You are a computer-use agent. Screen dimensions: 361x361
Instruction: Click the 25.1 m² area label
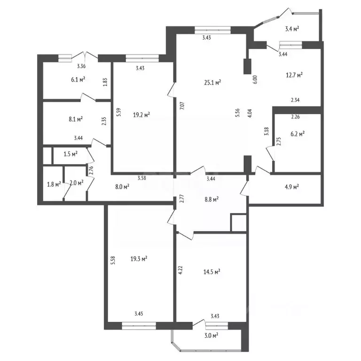pyautogui.click(x=212, y=82)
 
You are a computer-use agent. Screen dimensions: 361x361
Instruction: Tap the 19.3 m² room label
pyautogui.click(x=139, y=259)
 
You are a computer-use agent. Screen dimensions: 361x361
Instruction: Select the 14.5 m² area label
pyautogui.click(x=212, y=272)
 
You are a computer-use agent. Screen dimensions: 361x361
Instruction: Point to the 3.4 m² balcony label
pyautogui.click(x=292, y=29)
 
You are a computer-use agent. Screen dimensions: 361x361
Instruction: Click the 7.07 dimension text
pyautogui.click(x=182, y=106)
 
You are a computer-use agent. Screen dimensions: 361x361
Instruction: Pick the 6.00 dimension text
pyautogui.click(x=255, y=79)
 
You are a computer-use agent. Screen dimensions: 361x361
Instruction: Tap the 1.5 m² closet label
pyautogui.click(x=71, y=154)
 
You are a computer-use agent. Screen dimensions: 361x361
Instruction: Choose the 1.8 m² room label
pyautogui.click(x=54, y=184)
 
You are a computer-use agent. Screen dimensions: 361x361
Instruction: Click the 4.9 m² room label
pyautogui.click(x=292, y=187)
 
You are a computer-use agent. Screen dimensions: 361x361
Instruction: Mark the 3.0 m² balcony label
pyautogui.click(x=211, y=336)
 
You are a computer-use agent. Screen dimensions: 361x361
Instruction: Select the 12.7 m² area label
pyautogui.click(x=294, y=75)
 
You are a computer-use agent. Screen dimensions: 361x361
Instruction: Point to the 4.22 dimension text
pyautogui.click(x=180, y=270)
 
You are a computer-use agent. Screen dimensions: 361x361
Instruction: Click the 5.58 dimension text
pyautogui.click(x=113, y=260)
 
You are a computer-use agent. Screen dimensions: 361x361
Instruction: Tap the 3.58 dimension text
pyautogui.click(x=141, y=178)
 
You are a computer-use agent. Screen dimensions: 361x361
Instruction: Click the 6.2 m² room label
pyautogui.click(x=298, y=134)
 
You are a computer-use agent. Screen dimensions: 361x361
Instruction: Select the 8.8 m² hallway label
pyautogui.click(x=212, y=199)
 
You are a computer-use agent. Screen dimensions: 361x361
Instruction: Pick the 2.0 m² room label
pyautogui.click(x=77, y=183)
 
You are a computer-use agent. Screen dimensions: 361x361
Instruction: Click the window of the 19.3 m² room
pyautogui.click(x=139, y=326)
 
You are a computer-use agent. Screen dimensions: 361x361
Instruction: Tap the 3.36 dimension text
pyautogui.click(x=81, y=66)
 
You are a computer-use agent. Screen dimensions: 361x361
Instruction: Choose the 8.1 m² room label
pyautogui.click(x=76, y=119)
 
